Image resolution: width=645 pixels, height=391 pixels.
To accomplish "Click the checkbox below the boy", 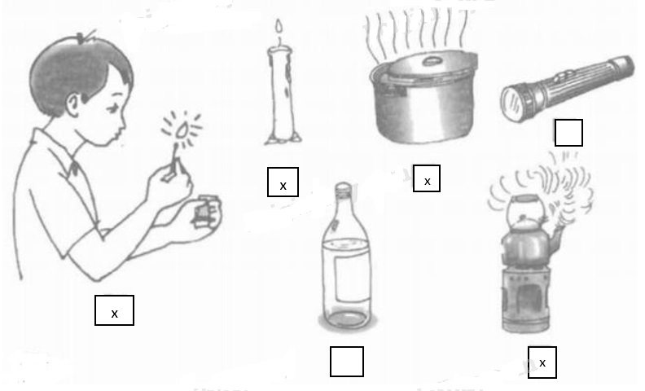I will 114,311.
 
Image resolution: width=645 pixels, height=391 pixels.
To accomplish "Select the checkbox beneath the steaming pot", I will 427,178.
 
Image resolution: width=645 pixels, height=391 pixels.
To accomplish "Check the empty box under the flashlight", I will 568,132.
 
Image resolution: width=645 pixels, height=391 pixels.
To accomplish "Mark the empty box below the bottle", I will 346,362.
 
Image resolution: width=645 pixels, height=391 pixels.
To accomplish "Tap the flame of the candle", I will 280,33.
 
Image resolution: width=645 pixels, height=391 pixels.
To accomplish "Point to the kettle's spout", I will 559,235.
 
